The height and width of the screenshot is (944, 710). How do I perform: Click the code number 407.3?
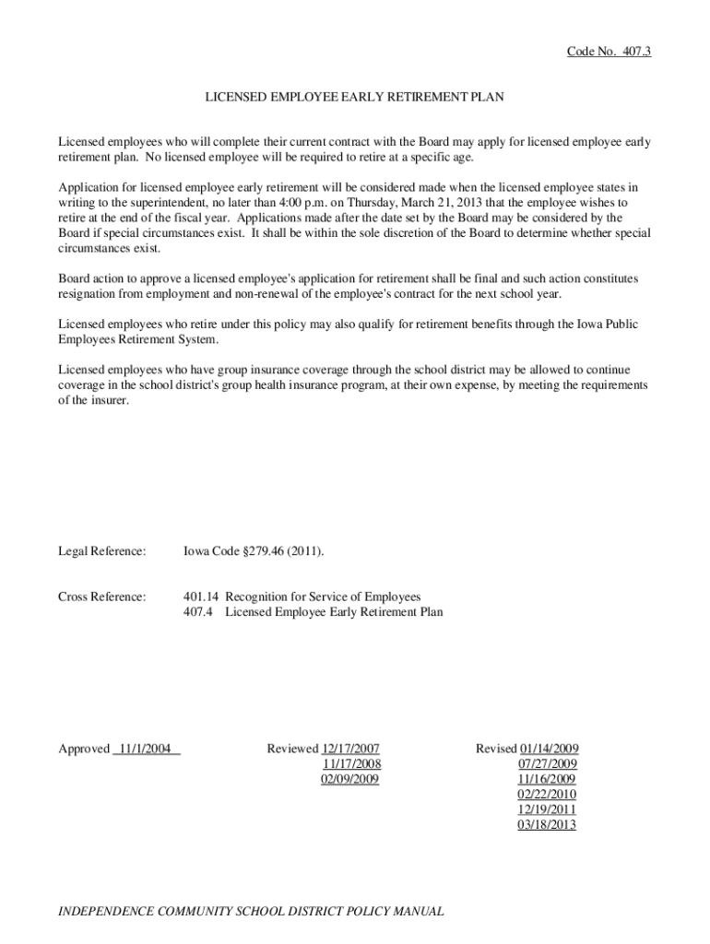pos(633,52)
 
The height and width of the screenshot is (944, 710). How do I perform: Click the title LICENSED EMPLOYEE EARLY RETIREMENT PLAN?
pos(354,96)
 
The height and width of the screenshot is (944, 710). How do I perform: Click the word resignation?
pos(90,293)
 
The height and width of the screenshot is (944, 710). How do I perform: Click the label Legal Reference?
pos(102,551)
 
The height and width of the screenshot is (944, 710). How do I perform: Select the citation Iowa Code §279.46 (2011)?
pos(254,551)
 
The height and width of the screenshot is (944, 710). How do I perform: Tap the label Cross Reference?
pos(102,596)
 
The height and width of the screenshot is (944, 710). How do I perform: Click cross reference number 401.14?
pos(200,596)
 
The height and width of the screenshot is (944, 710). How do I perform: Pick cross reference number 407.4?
pos(197,611)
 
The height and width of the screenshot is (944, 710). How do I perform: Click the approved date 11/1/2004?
pos(146,749)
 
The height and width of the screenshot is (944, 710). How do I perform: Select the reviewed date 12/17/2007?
pos(351,749)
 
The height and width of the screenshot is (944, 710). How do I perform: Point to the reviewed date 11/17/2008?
pos(351,763)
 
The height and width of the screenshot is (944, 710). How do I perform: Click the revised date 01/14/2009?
pos(549,749)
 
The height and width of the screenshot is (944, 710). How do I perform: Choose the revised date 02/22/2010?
pos(547,794)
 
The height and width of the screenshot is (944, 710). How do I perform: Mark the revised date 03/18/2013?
pos(547,824)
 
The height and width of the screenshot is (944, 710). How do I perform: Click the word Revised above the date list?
pos(496,749)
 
